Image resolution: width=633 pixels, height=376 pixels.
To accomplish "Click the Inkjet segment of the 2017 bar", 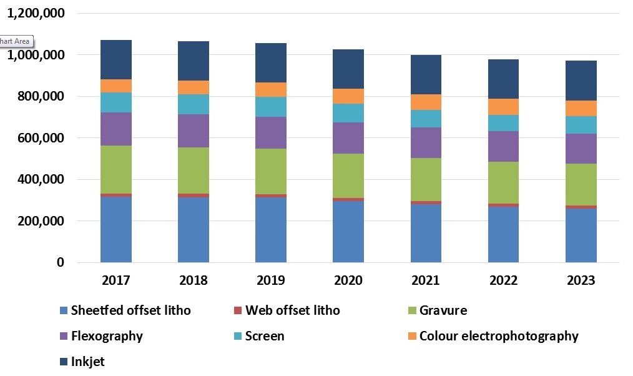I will [116, 59].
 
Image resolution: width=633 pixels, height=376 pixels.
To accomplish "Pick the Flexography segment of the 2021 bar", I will [426, 142].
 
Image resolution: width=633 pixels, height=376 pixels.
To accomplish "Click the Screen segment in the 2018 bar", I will [194, 104].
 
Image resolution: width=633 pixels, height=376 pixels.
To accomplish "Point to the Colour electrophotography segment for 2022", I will [503, 107].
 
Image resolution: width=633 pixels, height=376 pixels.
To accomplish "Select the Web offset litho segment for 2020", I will [348, 200].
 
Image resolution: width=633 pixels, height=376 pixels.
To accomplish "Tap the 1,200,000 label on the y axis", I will [35, 13].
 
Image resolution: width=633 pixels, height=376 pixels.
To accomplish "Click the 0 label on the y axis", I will [60, 263].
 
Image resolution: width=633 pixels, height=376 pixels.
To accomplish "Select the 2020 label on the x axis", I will [348, 280].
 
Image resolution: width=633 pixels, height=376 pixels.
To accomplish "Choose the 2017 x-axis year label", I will [116, 280].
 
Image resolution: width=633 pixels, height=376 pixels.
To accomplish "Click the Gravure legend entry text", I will [443, 310].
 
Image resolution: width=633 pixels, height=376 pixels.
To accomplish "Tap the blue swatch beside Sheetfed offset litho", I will [62, 310].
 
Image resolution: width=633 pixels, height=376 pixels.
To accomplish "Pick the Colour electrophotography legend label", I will [499, 336].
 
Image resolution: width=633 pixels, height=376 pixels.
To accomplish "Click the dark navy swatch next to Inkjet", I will [62, 362].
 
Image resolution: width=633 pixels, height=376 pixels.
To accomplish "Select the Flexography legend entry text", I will [107, 336].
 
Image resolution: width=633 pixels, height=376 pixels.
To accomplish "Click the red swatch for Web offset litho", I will [237, 310].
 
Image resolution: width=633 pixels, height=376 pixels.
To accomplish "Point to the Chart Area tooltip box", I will [15, 42].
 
